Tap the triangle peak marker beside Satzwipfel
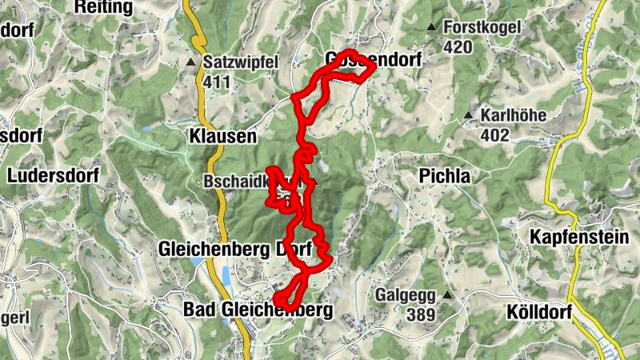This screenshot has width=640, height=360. click(x=191, y=62)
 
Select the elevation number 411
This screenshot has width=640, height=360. click(x=217, y=81)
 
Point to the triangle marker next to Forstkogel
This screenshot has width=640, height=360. click(x=432, y=28)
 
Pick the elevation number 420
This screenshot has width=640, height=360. click(x=457, y=47)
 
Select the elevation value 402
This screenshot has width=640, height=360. click(x=495, y=135)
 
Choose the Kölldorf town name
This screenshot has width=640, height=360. click(x=538, y=311)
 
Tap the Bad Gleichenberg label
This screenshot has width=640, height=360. click(x=258, y=309)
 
